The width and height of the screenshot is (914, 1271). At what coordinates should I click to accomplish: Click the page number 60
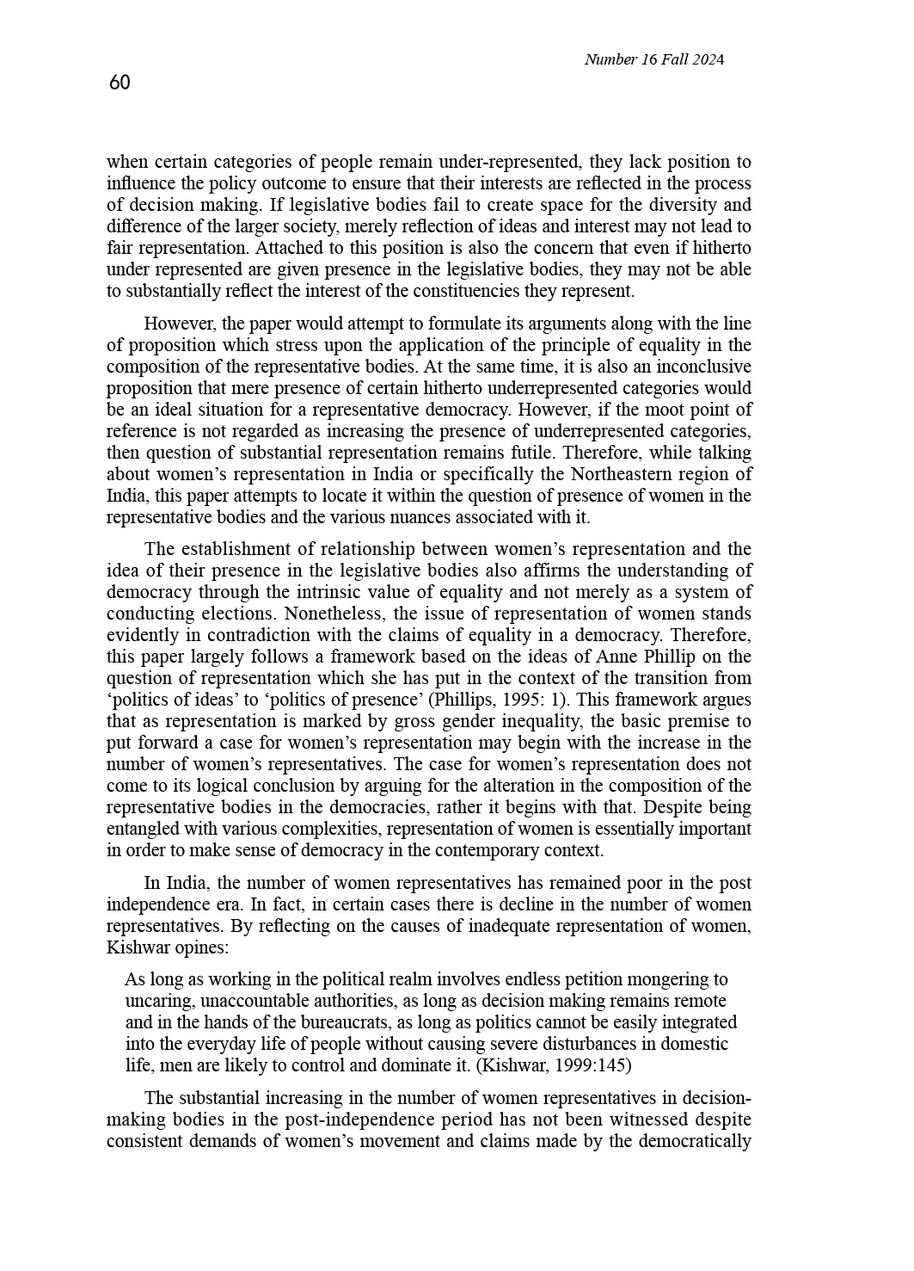pyautogui.click(x=120, y=83)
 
